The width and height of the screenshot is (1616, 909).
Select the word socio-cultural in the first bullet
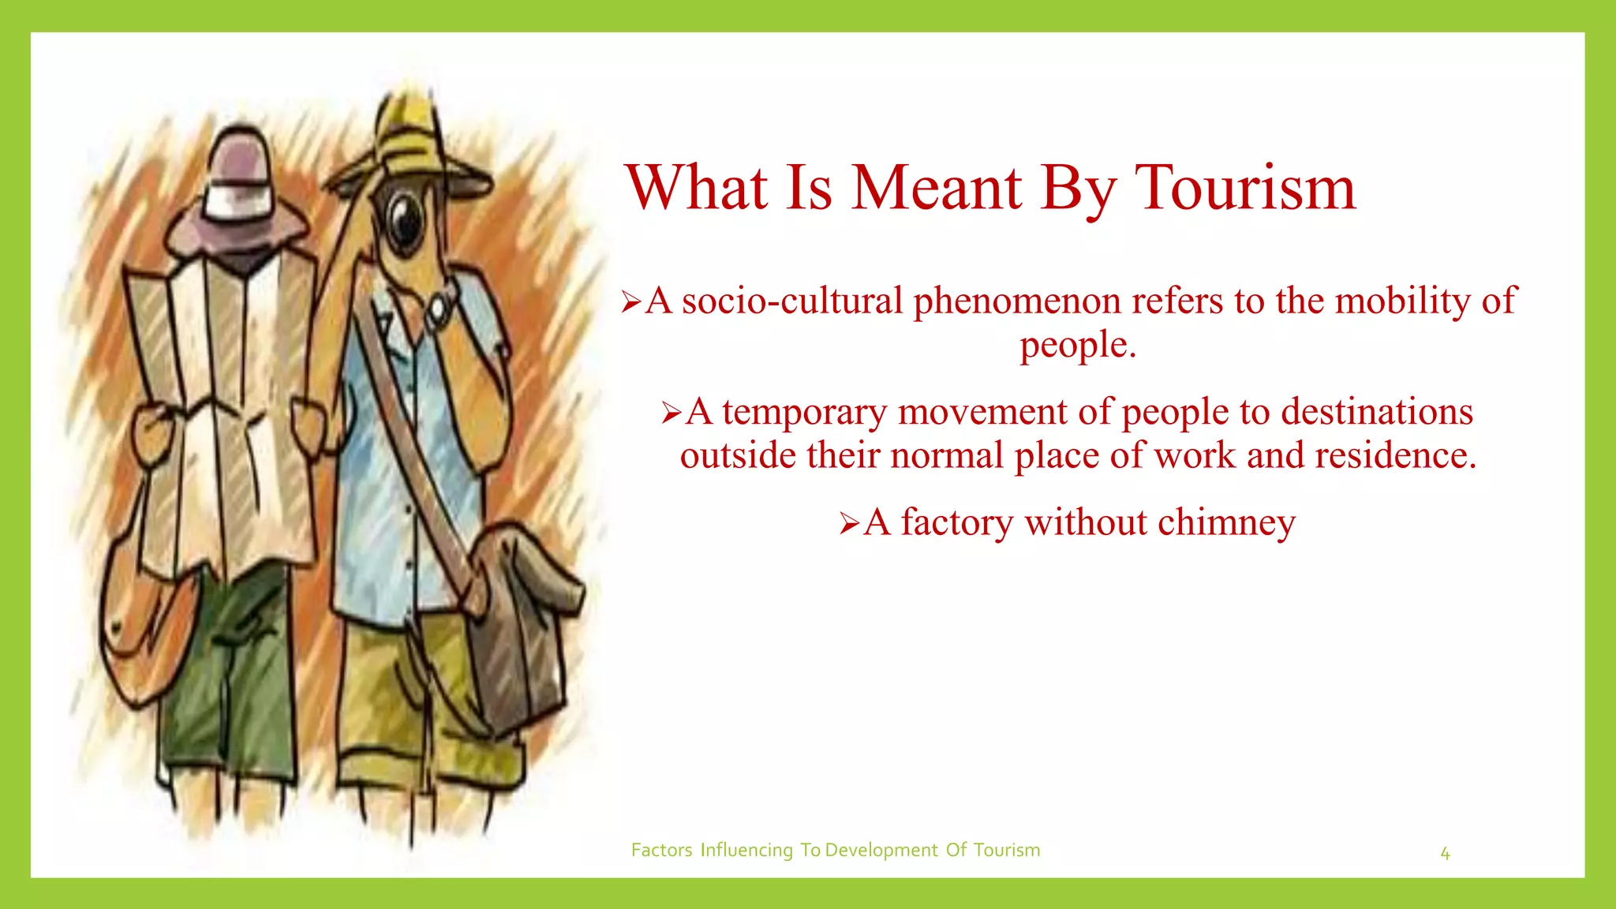click(x=791, y=301)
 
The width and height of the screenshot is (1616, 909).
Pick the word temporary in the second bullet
click(x=804, y=412)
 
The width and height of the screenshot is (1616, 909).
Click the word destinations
click(x=1376, y=412)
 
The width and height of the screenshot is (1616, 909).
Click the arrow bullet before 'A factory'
click(x=849, y=523)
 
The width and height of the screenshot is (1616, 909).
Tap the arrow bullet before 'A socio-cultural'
click(x=630, y=301)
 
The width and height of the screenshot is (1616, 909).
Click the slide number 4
click(x=1445, y=853)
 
